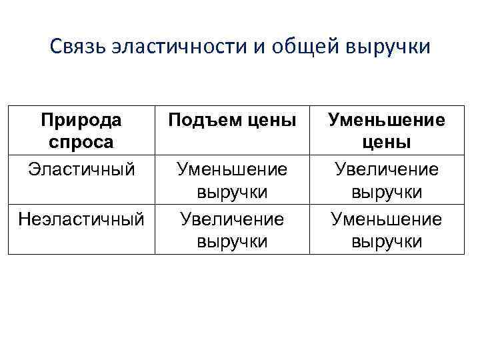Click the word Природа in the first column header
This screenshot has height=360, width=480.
pos(81,121)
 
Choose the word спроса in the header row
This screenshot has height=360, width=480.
pos(81,142)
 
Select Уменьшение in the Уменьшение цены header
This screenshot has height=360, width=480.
pos(387,121)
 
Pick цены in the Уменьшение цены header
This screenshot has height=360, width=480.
pos(387,143)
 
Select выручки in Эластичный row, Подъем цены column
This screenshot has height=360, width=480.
pos(232,192)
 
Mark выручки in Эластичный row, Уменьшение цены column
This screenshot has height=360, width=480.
pos(387,192)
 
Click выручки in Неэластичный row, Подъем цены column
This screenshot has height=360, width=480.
pos(232,241)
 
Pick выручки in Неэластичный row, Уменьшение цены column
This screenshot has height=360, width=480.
pos(387,241)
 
